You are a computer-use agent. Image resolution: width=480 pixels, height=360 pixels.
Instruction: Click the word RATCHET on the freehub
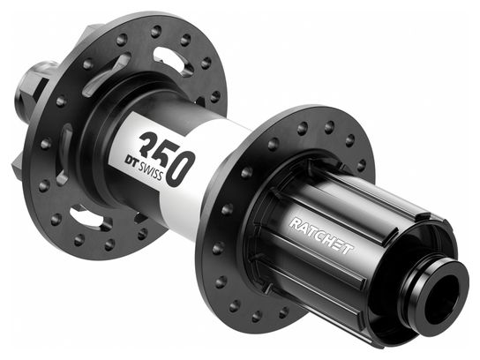[x=321, y=236]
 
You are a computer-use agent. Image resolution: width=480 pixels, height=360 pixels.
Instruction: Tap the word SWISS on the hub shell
[x=150, y=170]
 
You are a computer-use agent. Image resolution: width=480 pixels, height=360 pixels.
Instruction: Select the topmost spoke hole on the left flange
[x=156, y=32]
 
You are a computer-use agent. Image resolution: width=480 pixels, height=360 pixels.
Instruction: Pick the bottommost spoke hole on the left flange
[x=109, y=244]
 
